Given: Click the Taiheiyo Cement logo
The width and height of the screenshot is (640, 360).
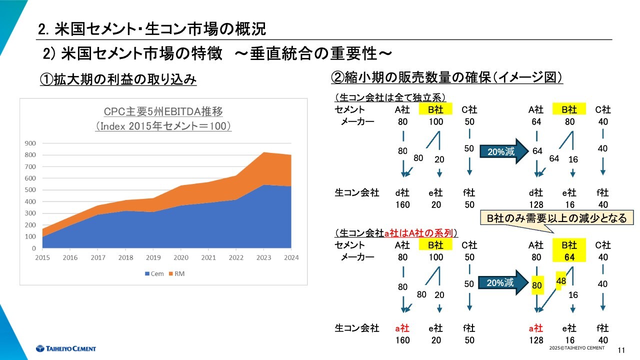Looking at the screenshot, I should pos(65,348).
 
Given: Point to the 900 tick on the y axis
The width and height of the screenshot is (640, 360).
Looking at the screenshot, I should pos(30,143).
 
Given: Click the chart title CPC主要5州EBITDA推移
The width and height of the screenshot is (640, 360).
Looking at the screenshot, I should pos(163,111).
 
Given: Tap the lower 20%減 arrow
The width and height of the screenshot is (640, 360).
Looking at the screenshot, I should pos(503,283).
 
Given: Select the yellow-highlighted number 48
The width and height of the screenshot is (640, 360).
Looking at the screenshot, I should pos(561,281).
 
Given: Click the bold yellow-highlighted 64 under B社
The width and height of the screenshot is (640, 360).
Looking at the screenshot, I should pos(569,257).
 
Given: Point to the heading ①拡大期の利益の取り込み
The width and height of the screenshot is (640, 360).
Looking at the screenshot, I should pos(118,79).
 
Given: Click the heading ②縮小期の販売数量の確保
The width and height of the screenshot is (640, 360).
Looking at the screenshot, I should pos(447,78).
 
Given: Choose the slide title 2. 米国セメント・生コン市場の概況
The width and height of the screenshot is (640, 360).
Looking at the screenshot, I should pos(152,29).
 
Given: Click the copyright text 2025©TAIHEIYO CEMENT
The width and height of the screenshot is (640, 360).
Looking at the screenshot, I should pos(576,347).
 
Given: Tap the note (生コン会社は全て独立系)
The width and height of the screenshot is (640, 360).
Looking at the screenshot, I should pos(390,97).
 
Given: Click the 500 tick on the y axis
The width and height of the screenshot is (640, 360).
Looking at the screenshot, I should pos(30,190).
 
